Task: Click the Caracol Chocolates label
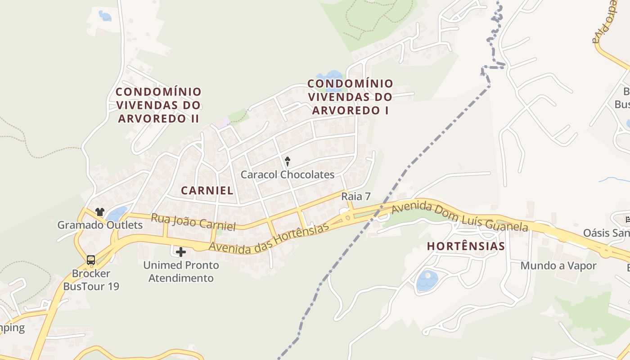tap(288, 175)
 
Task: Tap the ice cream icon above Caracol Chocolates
tap(288, 161)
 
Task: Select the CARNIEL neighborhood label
tap(207, 190)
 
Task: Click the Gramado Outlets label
tap(100, 225)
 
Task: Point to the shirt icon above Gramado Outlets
tap(99, 212)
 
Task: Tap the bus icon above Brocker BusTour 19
tap(91, 260)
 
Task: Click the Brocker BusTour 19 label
tap(91, 279)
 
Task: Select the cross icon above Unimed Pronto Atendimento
tap(181, 252)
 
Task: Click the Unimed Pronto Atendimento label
tap(181, 271)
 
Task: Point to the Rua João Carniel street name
tap(193, 222)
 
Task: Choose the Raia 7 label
tap(355, 196)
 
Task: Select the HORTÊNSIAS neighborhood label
tap(466, 246)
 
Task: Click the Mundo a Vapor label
tap(558, 265)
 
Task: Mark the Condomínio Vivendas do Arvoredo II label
tap(158, 105)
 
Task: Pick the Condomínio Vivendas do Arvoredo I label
tap(350, 97)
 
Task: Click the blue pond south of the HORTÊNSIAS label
tap(427, 281)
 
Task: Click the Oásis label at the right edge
tap(606, 233)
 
